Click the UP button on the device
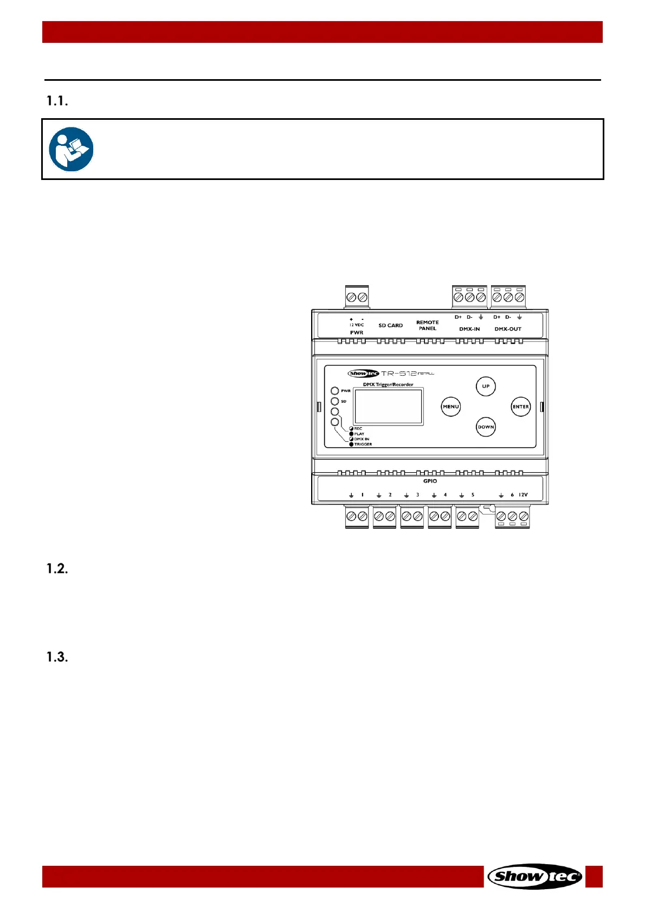[x=486, y=387]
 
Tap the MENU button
[x=451, y=407]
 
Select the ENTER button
[x=521, y=407]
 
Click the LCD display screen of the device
[x=388, y=407]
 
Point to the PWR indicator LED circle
[x=335, y=391]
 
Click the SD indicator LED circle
[x=335, y=401]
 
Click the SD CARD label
[x=390, y=326]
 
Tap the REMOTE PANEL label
[x=428, y=325]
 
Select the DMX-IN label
[x=469, y=329]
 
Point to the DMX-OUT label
[x=508, y=329]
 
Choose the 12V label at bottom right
[x=523, y=495]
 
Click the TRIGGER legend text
[x=363, y=445]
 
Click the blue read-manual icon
[x=71, y=149]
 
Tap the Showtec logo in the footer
[x=535, y=876]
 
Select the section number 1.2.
[x=57, y=569]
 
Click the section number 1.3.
[x=57, y=657]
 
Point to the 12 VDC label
[x=357, y=325]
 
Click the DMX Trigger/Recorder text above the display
[x=388, y=384]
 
